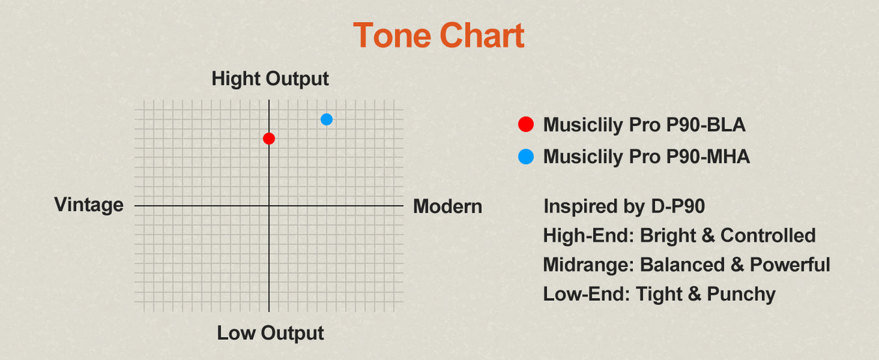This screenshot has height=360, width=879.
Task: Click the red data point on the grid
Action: [x=269, y=139]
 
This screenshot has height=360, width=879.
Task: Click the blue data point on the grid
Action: [x=326, y=119]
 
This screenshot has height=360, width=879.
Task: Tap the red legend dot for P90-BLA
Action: [x=526, y=124]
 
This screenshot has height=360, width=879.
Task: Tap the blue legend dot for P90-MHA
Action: [x=526, y=156]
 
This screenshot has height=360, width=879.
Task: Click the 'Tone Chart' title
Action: [x=439, y=35]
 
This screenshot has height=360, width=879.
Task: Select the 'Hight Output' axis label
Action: [x=270, y=79]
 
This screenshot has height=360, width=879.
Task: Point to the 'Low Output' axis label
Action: [x=270, y=333]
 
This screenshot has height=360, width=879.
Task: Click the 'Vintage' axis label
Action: [x=89, y=205]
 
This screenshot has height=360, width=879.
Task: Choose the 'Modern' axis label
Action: [x=448, y=206]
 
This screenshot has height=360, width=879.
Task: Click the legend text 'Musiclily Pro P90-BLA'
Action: [x=645, y=125]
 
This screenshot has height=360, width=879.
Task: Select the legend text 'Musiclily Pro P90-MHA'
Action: [x=647, y=157]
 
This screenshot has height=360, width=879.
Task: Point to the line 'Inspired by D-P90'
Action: [x=624, y=206]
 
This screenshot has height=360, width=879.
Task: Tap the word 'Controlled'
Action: [x=768, y=235]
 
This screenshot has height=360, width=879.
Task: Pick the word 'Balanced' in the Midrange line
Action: [x=682, y=265]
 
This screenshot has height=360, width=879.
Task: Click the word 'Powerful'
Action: [x=790, y=265]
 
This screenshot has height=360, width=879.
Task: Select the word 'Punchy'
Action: [x=741, y=294]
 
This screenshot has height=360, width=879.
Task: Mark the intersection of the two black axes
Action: [x=269, y=206]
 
